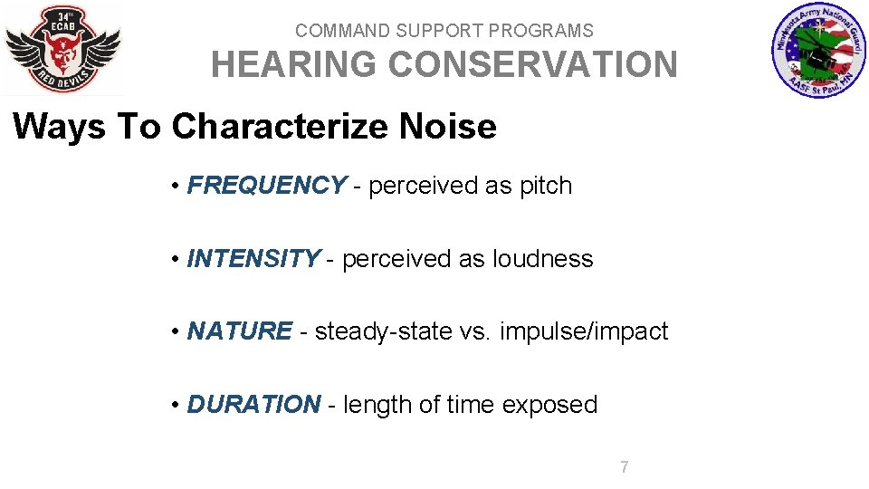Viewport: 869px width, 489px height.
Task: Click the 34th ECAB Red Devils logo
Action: (62, 50)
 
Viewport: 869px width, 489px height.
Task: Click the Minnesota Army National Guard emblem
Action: (818, 51)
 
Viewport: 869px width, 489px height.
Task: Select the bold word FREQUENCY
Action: (265, 186)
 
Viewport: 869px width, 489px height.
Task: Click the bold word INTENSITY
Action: (253, 259)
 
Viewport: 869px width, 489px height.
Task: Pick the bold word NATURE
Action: (239, 331)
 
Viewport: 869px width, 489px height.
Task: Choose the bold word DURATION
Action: (253, 404)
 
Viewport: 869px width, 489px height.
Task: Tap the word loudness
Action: (542, 259)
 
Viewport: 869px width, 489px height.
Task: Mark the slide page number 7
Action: (625, 467)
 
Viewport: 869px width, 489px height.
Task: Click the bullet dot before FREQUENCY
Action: (175, 187)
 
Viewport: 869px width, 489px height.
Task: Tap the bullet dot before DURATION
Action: (175, 405)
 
